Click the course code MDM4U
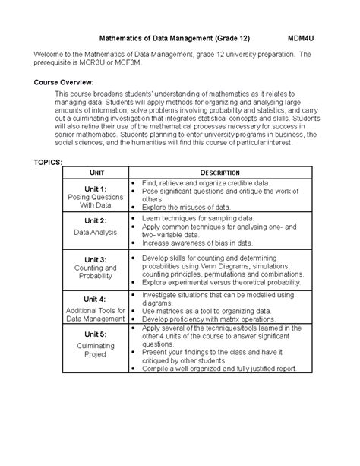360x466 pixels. click(303, 36)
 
